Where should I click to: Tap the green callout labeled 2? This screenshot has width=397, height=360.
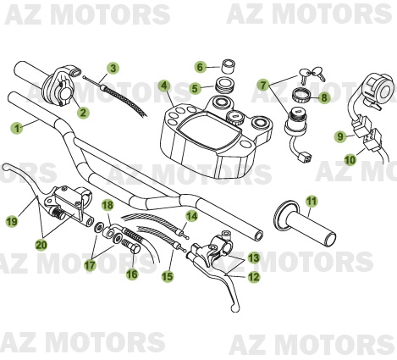pyautogui.click(x=83, y=112)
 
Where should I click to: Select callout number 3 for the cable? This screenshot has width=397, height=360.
pyautogui.click(x=113, y=68)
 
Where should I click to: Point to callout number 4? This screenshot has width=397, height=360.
pyautogui.click(x=164, y=86)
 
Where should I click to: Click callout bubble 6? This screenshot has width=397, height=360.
pyautogui.click(x=201, y=66)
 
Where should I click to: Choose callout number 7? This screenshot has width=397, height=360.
pyautogui.click(x=264, y=86)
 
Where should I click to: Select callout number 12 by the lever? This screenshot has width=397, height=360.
pyautogui.click(x=254, y=277)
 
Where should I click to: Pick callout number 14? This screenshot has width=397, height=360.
pyautogui.click(x=192, y=217)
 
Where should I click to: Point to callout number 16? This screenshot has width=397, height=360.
pyautogui.click(x=132, y=274)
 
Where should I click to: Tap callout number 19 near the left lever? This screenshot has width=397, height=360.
pyautogui.click(x=11, y=222)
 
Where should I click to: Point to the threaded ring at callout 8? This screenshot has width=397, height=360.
pyautogui.click(x=301, y=95)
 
